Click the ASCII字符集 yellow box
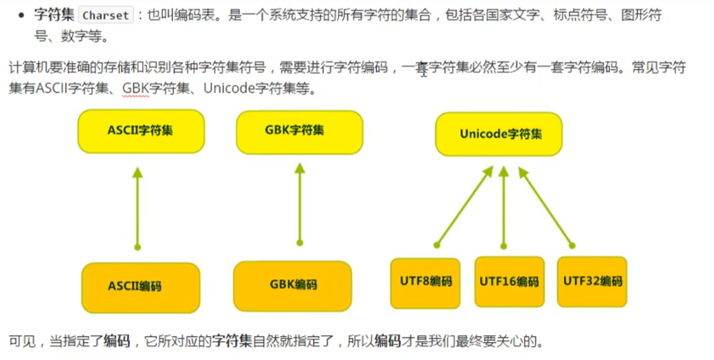(x=141, y=131)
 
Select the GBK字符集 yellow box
(x=299, y=131)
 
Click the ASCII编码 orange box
(x=140, y=287)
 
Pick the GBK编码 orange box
(x=293, y=285)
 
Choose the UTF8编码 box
(x=426, y=282)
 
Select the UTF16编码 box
(x=509, y=282)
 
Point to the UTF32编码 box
(x=592, y=281)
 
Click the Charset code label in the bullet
(x=105, y=15)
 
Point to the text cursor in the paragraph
(x=423, y=70)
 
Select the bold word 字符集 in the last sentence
(x=232, y=341)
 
